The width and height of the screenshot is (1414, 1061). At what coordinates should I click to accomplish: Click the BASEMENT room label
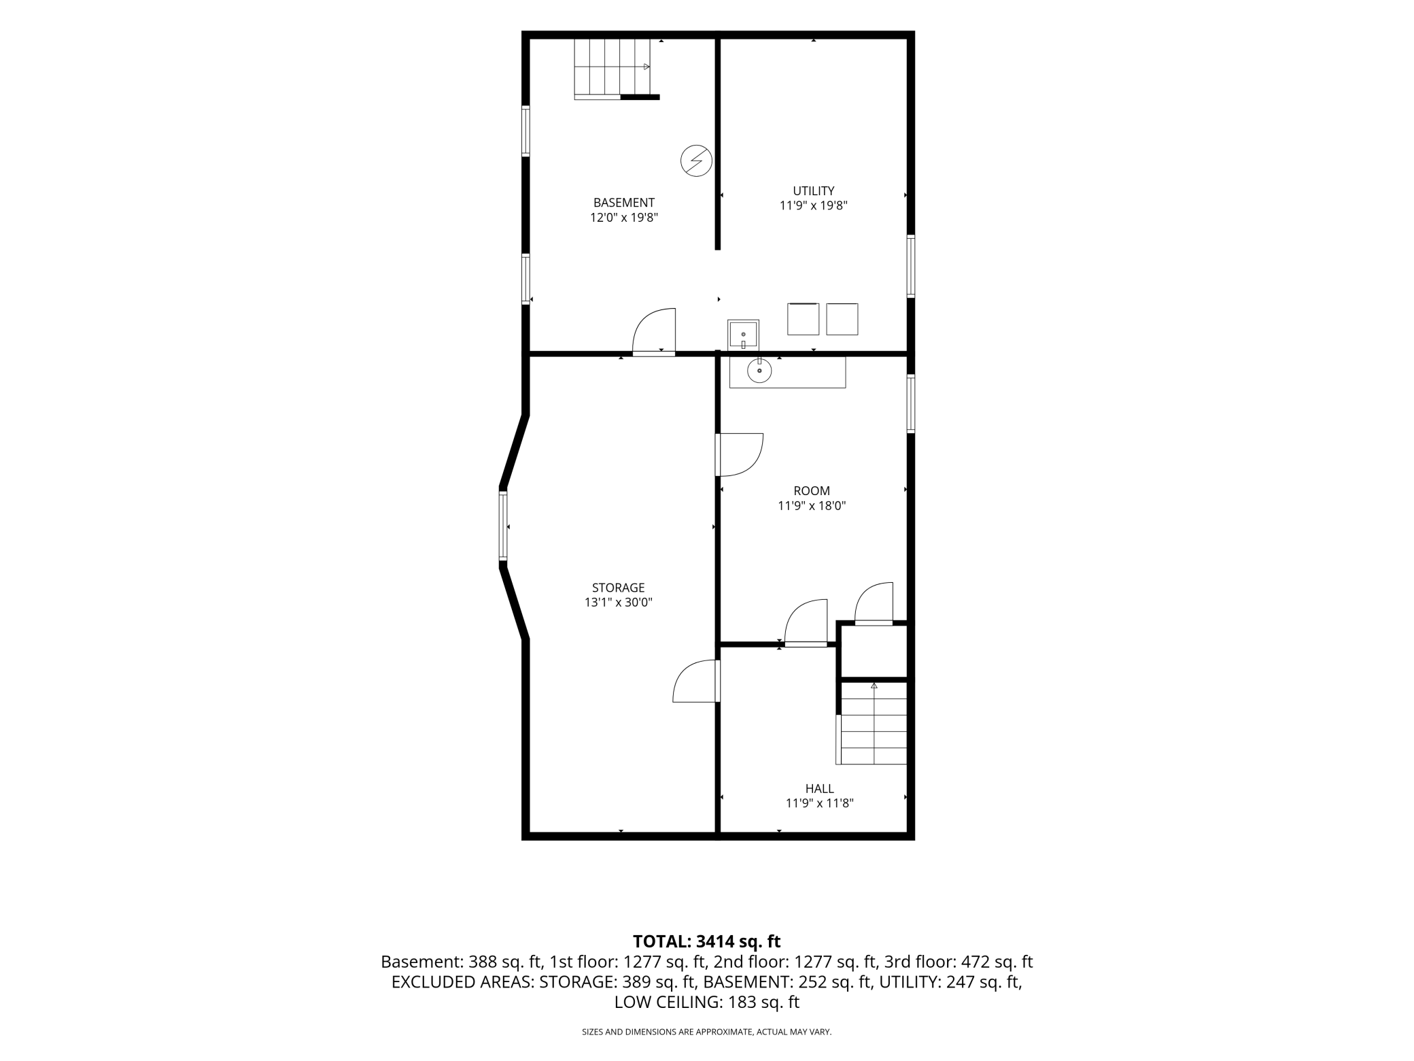tap(623, 203)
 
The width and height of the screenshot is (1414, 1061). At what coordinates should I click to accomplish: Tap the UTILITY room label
tap(813, 191)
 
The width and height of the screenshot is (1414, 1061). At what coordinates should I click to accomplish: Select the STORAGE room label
tap(618, 588)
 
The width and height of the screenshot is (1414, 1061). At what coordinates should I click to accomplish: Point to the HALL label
tap(819, 789)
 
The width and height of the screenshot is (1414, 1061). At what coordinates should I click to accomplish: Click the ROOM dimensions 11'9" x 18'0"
tap(812, 506)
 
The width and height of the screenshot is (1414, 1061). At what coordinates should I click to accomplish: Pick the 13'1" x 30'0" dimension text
tap(618, 603)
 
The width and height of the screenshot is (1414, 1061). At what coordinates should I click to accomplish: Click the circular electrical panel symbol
tap(696, 161)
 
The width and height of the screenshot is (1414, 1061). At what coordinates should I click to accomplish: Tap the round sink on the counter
tap(759, 370)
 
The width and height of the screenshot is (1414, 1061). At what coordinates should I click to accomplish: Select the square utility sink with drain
tap(743, 335)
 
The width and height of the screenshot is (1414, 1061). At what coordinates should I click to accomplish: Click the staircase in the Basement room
tap(617, 69)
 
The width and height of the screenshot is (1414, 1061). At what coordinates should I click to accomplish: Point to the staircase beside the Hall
tap(873, 722)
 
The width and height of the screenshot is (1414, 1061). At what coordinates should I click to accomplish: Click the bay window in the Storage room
tap(503, 526)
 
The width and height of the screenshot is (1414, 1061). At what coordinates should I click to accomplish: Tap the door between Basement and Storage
tap(654, 332)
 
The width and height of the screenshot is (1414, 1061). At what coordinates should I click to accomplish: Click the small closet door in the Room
tap(874, 603)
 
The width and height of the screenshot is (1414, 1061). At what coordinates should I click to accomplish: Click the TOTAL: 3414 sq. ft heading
tap(706, 941)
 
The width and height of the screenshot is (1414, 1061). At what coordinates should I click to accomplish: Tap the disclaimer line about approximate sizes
tap(706, 1032)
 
